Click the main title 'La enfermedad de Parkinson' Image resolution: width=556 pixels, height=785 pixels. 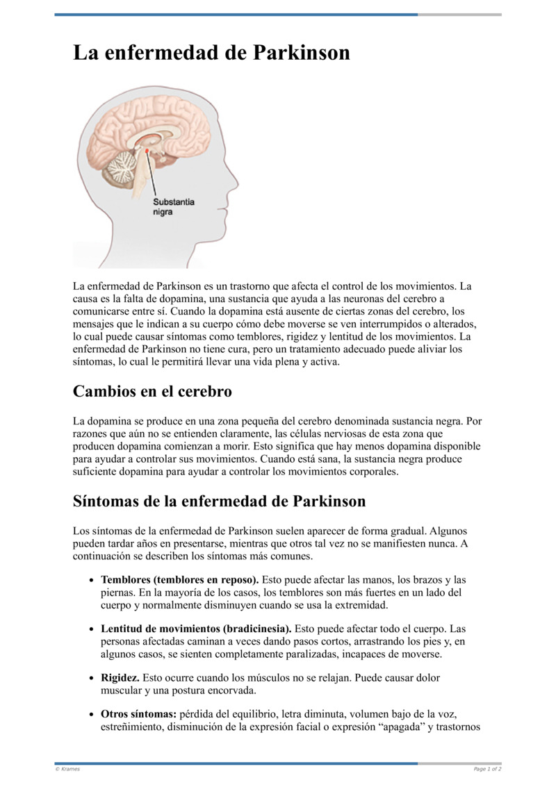click(x=211, y=53)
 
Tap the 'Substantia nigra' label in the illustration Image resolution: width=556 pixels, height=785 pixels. click(x=173, y=207)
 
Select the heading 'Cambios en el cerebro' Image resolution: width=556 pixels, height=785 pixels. click(x=152, y=392)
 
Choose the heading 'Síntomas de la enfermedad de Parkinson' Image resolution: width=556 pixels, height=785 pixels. click(x=219, y=501)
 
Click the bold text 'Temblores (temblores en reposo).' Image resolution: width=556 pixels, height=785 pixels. click(x=180, y=579)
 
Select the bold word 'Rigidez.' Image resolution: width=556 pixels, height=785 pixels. click(x=120, y=677)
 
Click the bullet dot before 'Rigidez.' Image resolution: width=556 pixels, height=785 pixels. click(x=92, y=678)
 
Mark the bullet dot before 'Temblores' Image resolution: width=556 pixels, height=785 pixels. click(x=92, y=580)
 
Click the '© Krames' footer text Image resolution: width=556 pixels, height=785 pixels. click(x=67, y=769)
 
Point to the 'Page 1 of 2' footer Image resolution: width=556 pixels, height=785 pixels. click(x=487, y=769)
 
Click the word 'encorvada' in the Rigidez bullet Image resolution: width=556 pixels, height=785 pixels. click(x=232, y=691)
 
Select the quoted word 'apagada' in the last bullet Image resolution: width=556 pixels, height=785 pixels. click(x=406, y=727)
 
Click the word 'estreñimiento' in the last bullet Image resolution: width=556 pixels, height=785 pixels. click(x=132, y=727)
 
